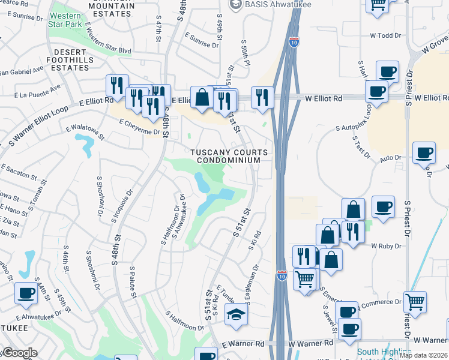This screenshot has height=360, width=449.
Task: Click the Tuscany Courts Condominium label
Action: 226,156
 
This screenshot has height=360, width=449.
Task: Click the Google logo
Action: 19,353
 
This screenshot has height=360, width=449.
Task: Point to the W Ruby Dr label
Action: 385,246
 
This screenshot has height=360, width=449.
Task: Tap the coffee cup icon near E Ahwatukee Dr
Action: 26,293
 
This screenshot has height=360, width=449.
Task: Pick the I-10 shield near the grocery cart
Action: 282,275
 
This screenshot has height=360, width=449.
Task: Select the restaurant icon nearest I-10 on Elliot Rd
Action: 262,97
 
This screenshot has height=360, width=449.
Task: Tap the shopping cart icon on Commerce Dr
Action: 415,302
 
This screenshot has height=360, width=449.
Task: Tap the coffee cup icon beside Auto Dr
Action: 424,153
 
